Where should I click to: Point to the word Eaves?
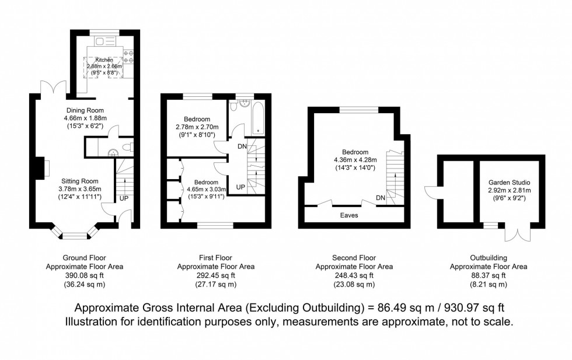point(350,215)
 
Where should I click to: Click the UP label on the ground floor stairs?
point(124,198)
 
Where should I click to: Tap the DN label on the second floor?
point(381,198)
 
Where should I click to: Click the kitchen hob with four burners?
point(128,60)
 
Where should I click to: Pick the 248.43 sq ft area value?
point(354,275)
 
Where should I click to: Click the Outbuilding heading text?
point(489,257)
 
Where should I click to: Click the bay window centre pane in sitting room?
point(74,236)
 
